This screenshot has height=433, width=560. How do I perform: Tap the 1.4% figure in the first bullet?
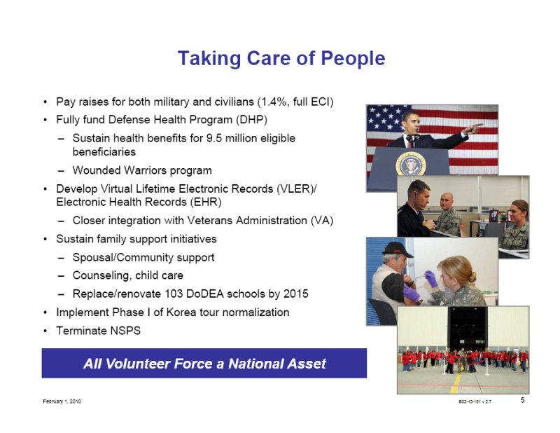[x=274, y=102]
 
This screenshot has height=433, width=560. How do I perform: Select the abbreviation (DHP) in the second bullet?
[x=251, y=119]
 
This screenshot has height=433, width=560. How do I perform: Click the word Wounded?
[x=97, y=170]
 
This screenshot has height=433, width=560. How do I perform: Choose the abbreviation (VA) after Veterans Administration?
[x=322, y=221]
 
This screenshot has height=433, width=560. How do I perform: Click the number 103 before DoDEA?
[x=174, y=294]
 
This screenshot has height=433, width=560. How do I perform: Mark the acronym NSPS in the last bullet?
[x=125, y=331]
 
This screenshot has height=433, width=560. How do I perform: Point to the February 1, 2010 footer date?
[x=62, y=401]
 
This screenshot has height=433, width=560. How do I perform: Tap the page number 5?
[x=522, y=400]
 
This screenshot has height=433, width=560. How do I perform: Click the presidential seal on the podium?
[x=411, y=164]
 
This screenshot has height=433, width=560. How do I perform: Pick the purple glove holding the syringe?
[x=431, y=278]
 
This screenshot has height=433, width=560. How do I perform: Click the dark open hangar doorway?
[x=467, y=328]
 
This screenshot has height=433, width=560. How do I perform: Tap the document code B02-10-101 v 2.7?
[x=475, y=401]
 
